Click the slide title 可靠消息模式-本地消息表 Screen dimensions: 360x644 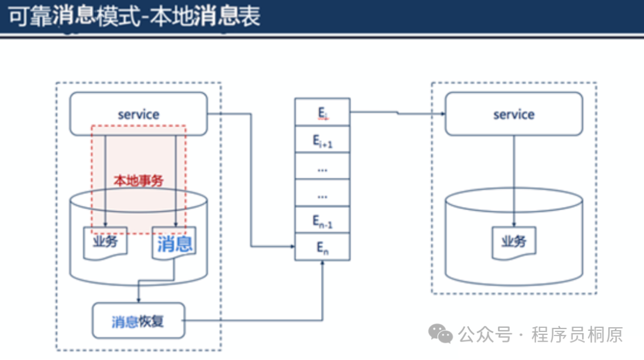134,17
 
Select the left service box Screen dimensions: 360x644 138,114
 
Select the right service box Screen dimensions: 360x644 513,114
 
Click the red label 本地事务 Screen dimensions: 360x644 138,179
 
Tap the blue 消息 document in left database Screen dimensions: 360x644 175,243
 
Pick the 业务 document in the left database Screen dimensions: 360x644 105,242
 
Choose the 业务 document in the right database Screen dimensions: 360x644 513,242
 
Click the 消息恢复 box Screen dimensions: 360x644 138,321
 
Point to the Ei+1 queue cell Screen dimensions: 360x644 323,140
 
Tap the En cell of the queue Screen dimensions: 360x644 323,247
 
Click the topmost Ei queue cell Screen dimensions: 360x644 323,112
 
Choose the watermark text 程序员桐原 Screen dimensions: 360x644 577,334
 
